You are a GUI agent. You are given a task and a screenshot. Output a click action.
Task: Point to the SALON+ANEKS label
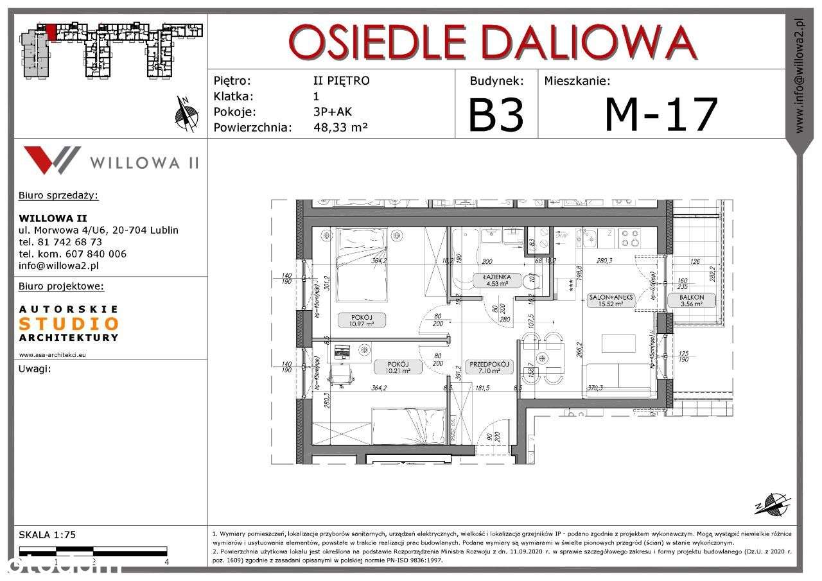point(611,297)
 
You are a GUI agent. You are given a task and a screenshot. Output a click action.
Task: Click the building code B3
point(496,114)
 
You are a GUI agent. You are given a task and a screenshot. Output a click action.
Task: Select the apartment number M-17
point(661,114)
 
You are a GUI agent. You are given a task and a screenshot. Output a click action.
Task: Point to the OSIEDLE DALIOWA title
point(493,42)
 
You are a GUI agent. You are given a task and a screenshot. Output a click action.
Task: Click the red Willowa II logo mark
point(51,160)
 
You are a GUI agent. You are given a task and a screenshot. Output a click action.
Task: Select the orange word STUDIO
point(69,324)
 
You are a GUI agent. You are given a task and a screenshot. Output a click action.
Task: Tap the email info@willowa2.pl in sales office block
point(58,265)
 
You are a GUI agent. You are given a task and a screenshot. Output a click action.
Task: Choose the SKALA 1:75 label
point(48,534)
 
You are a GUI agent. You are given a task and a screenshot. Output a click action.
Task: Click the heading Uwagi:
point(35,369)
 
